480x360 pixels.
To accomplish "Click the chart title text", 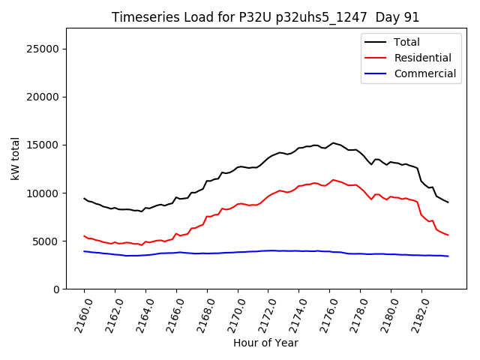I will pyautogui.click(x=265, y=17).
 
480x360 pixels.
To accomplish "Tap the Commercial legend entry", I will pyautogui.click(x=424, y=73).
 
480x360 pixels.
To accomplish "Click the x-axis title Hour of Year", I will pyautogui.click(x=265, y=343).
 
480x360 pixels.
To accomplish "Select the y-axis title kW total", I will pyautogui.click(x=16, y=158).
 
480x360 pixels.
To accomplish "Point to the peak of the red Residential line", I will pyautogui.click(x=333, y=180).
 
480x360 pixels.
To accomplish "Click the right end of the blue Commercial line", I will pyautogui.click(x=448, y=256).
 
